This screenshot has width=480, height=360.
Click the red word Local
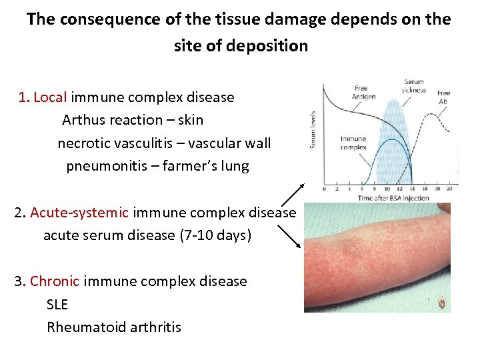pyautogui.click(x=50, y=97)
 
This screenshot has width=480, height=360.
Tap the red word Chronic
pyautogui.click(x=55, y=281)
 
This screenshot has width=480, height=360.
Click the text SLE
pyautogui.click(x=57, y=305)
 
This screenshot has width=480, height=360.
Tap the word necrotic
pyautogui.click(x=84, y=143)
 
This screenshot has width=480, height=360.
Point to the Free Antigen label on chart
pyautogui.click(x=364, y=92)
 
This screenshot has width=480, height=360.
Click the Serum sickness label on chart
pyautogui.click(x=413, y=86)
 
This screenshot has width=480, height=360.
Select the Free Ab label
pyautogui.click(x=443, y=97)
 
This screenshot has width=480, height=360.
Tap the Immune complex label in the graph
pyautogui.click(x=353, y=143)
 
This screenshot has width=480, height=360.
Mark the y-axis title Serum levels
pyautogui.click(x=313, y=129)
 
